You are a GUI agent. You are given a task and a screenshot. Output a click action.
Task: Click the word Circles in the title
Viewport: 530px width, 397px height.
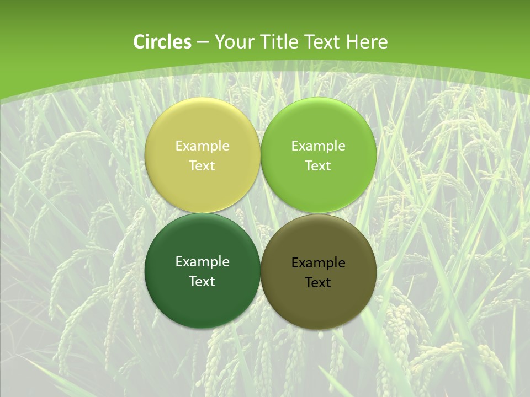[x=162, y=42]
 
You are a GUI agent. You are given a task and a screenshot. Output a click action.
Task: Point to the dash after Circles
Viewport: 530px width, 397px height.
[x=203, y=42]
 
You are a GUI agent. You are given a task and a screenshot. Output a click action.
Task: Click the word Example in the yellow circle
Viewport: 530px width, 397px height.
[x=203, y=146]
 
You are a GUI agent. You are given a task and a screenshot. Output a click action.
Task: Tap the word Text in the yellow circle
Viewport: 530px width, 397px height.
[x=202, y=166]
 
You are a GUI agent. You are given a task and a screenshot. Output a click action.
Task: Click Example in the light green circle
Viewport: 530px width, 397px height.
[x=319, y=146]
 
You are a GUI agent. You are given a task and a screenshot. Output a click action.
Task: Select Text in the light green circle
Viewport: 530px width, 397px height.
[x=318, y=166]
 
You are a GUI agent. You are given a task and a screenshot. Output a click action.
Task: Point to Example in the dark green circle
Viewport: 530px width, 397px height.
[x=203, y=262]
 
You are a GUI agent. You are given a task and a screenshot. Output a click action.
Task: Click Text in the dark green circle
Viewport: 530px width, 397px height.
[x=202, y=282]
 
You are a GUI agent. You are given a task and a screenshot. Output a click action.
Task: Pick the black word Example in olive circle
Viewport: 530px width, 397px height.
[x=319, y=263]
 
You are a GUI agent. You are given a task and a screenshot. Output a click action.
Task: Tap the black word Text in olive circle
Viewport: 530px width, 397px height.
[x=318, y=283]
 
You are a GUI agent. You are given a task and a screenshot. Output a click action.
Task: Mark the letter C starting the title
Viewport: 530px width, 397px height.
[x=139, y=42]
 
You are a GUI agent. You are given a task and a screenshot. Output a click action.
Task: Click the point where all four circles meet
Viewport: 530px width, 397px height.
[x=261, y=213]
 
